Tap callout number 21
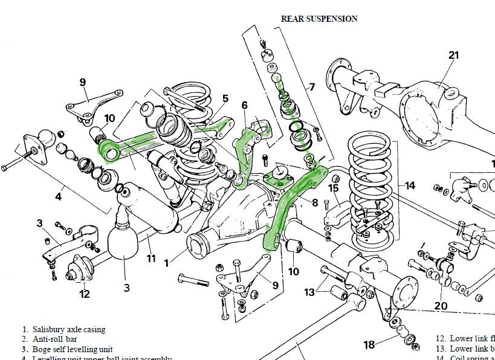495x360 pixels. [x=454, y=56]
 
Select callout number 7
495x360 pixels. [x=312, y=87]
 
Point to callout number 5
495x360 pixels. [x=225, y=98]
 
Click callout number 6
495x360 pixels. [x=244, y=105]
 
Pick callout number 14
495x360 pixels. [x=410, y=185]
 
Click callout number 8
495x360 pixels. [x=314, y=203]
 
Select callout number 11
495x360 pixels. [x=151, y=259]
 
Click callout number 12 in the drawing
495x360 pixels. [x=84, y=294]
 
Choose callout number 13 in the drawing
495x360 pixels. [x=309, y=292]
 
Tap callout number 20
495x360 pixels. [x=441, y=306]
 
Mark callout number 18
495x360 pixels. [x=369, y=345]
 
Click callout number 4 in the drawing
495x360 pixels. [x=58, y=196]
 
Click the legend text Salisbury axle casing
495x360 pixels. [x=69, y=330]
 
